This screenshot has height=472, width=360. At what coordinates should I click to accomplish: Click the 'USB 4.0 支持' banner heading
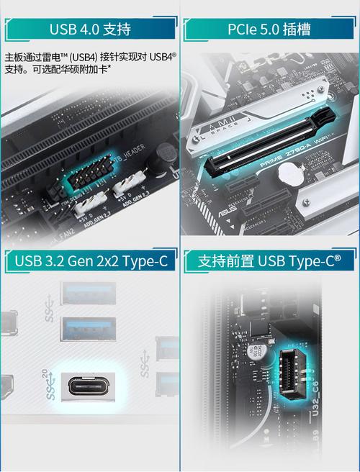[89, 29]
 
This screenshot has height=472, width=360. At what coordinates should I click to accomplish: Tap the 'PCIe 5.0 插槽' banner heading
[269, 29]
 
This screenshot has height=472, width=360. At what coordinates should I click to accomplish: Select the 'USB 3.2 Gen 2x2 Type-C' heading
[89, 260]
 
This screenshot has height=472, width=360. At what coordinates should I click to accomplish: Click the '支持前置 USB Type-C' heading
[269, 260]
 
